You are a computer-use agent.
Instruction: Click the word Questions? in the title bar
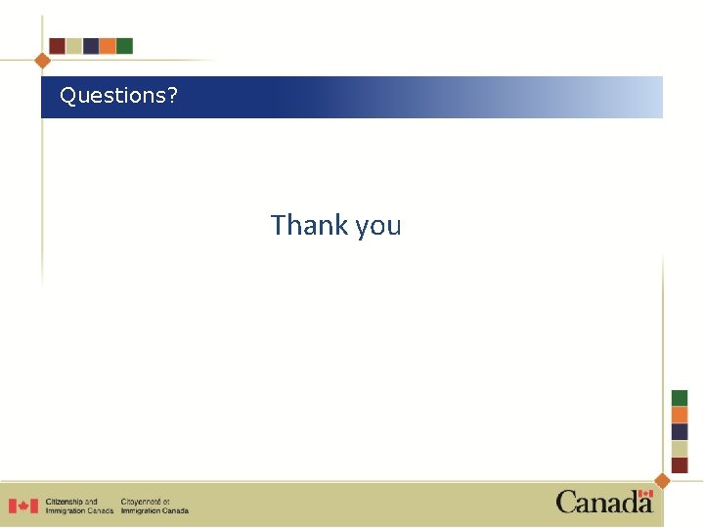click(x=118, y=96)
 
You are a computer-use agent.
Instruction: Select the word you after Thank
click(x=377, y=227)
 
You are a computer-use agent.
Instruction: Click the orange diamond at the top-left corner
click(x=42, y=60)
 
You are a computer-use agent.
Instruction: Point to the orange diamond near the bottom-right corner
click(x=662, y=480)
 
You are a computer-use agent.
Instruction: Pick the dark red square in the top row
click(x=57, y=46)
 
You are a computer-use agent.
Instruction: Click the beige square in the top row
click(x=73, y=46)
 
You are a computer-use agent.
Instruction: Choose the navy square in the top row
click(x=91, y=46)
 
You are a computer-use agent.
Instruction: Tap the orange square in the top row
click(x=108, y=46)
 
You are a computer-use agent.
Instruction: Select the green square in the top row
click(x=124, y=46)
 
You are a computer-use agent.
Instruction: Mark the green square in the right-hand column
click(x=680, y=398)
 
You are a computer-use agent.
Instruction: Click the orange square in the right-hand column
click(x=680, y=415)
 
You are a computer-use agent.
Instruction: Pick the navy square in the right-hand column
click(x=680, y=431)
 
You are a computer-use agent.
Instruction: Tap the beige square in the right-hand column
click(x=680, y=448)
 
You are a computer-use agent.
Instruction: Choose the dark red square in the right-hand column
click(x=680, y=464)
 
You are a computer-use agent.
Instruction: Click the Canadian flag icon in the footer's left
click(x=23, y=506)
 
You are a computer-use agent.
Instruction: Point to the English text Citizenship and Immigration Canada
click(x=78, y=506)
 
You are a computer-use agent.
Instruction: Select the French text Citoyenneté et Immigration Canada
click(x=154, y=506)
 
